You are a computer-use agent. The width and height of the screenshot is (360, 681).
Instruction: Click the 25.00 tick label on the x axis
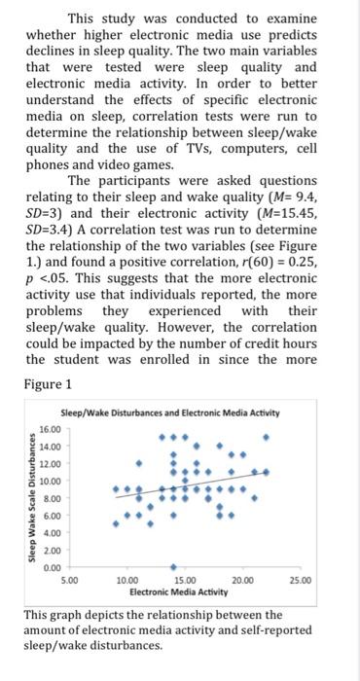pos(301,581)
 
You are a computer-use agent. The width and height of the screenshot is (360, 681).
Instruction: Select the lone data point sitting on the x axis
pos(173,564)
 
